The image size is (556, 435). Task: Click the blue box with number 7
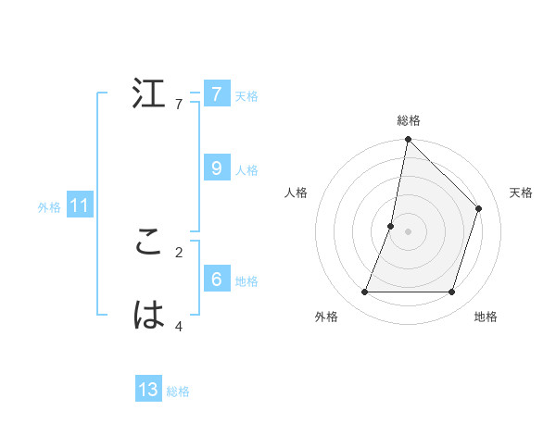(x=216, y=93)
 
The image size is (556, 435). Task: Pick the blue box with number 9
(x=216, y=168)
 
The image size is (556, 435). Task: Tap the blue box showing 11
(x=79, y=205)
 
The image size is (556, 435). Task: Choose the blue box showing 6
(x=216, y=279)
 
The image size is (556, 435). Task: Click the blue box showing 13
(x=148, y=390)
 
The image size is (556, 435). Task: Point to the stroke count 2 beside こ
(x=179, y=252)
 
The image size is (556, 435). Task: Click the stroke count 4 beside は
(x=179, y=326)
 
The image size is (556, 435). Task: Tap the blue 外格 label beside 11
(x=49, y=207)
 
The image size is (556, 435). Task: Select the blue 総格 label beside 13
(x=178, y=391)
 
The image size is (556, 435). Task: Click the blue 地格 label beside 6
(x=246, y=281)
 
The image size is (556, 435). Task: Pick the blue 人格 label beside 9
(x=246, y=170)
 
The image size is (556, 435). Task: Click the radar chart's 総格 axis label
(x=409, y=120)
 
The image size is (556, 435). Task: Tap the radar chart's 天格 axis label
(x=521, y=193)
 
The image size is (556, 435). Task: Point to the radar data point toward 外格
(x=365, y=292)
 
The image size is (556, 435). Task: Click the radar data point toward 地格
(x=452, y=292)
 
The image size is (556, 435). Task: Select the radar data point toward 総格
(x=409, y=140)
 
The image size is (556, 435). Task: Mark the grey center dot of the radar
(x=409, y=231)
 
